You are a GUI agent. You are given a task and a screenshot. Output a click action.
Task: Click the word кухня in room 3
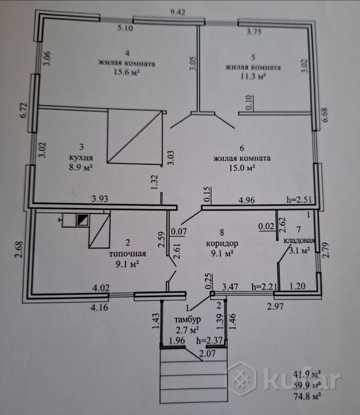coord(81,158)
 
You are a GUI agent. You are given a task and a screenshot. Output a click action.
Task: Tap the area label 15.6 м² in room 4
coord(127,72)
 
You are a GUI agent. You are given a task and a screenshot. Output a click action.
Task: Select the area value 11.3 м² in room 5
coord(253,76)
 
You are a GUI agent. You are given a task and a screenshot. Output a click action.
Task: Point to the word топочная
coord(127,254)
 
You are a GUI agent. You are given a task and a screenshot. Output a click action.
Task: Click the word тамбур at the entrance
coord(188,319)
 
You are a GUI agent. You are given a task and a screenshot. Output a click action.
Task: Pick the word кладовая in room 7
coord(299,241)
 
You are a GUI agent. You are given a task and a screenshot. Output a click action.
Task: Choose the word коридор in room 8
coord(222,243)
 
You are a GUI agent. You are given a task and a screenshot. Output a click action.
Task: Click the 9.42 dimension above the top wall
coord(177,12)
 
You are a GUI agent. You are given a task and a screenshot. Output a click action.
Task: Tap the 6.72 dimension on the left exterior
coord(24,111)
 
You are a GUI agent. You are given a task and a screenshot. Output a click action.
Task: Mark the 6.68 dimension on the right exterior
coord(325,114)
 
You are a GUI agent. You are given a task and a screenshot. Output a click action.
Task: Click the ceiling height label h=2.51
coord(299,200)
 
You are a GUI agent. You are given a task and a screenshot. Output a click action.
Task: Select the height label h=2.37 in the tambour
coord(210,340)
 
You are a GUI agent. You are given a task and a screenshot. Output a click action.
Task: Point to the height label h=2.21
coord(264,286)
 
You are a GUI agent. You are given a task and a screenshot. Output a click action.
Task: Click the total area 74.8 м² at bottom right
coord(307,396)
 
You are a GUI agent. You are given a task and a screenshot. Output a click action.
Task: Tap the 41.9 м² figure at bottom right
coord(307,374)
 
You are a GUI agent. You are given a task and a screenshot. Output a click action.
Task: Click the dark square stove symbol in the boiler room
coord(82,220)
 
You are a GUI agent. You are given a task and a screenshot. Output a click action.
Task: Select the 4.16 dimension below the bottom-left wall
coord(99,307)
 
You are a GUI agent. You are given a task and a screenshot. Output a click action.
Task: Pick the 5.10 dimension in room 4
coord(126,28)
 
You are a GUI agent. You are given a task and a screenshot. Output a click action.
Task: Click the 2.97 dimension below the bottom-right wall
coord(275,307)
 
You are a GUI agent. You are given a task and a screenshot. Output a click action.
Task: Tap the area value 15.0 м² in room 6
coord(242,168)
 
